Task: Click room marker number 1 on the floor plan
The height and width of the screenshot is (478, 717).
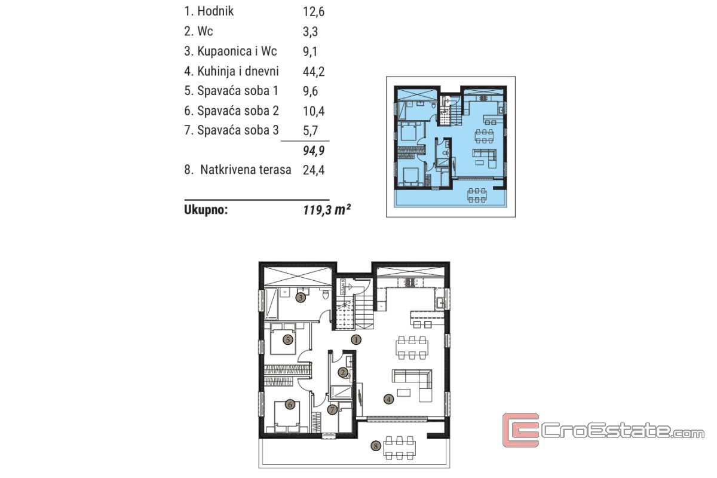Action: point(356,340)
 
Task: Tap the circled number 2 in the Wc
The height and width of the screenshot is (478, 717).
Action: point(343,372)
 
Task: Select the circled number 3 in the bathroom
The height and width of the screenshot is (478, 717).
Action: point(300,298)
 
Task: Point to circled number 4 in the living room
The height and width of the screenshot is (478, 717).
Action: point(388,399)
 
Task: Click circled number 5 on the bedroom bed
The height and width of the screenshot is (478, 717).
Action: point(288,340)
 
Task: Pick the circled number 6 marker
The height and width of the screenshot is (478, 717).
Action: point(290,405)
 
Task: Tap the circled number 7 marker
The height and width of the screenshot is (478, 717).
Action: point(332,409)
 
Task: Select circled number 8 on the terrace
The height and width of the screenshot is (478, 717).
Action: point(376,446)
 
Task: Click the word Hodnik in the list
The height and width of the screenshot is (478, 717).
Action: point(216,11)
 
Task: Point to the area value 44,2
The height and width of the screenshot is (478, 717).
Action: point(314,71)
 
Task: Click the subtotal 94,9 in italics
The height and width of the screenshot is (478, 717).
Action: point(314,151)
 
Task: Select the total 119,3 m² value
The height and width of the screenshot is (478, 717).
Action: point(327,210)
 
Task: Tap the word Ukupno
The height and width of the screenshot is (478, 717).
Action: point(206,210)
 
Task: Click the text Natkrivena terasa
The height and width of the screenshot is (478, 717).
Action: point(246,170)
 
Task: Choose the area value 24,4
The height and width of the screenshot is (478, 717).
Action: point(314,170)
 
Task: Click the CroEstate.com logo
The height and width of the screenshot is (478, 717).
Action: point(603,430)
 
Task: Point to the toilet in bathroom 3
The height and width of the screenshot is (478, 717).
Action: point(326,294)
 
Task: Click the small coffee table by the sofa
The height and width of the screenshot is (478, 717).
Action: point(404,393)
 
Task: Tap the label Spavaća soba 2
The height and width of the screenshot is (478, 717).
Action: point(238,111)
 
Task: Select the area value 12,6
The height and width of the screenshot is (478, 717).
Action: point(314,11)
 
